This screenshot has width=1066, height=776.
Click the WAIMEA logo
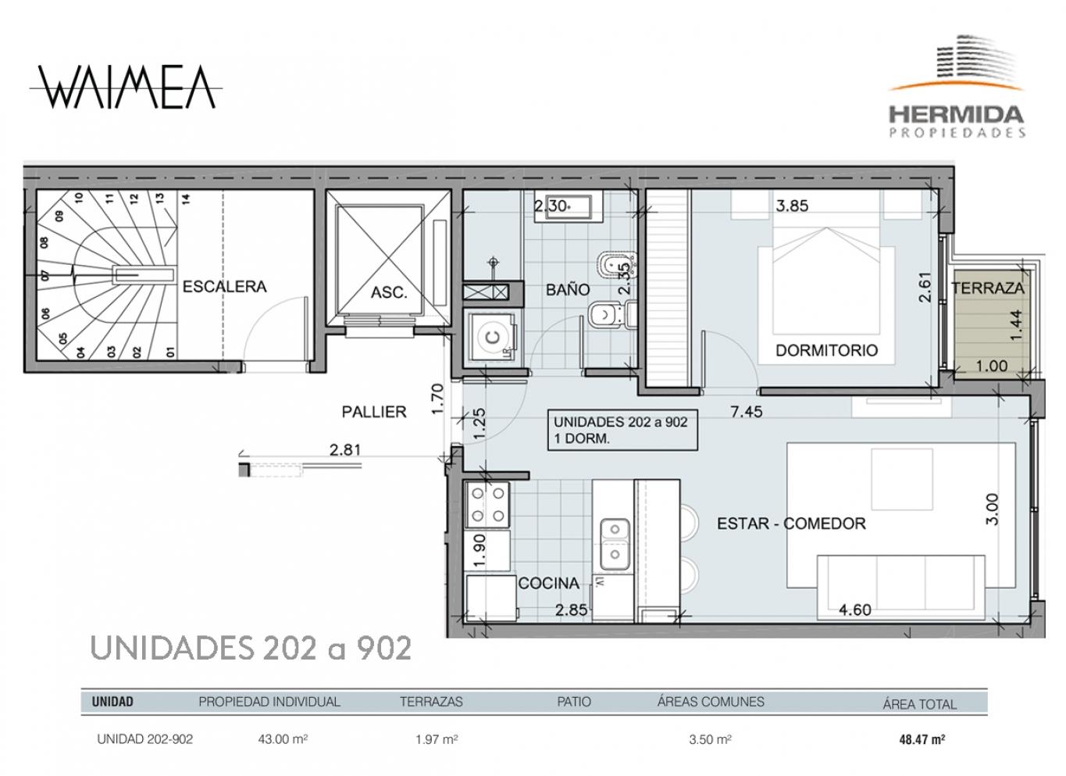[x=126, y=88]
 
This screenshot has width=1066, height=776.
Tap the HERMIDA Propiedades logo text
[x=957, y=121]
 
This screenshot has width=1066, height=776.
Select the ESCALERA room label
[x=225, y=287]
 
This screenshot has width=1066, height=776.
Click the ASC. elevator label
[x=389, y=291]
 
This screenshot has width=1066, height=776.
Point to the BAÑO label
[x=568, y=289]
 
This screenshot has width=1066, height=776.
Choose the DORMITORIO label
[x=826, y=350]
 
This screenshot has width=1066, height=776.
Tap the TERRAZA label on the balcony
[x=988, y=288]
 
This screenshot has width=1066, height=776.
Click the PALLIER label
[x=374, y=412]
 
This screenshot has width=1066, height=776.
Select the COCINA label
[x=549, y=583]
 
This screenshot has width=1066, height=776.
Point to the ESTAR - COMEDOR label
[x=791, y=524]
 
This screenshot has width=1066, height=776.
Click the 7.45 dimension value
[x=747, y=412]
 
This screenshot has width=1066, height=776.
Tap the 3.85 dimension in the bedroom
[x=792, y=206]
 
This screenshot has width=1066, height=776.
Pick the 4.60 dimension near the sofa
[x=854, y=610]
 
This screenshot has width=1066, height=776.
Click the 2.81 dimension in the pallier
[x=345, y=450]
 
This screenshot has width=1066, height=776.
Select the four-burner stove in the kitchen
[x=488, y=505]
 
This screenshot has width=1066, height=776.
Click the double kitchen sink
[x=615, y=544]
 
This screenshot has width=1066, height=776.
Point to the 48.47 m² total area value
[x=922, y=739]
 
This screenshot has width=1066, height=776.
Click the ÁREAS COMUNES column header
[x=711, y=702]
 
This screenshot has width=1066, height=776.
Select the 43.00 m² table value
[x=283, y=739]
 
